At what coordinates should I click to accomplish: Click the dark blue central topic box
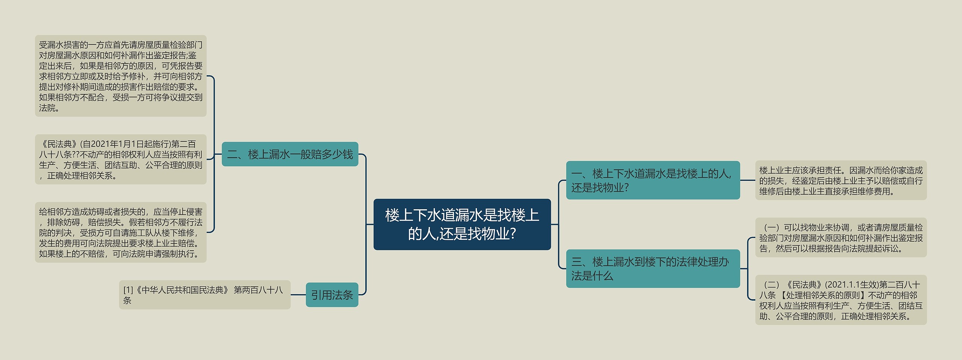(462, 224)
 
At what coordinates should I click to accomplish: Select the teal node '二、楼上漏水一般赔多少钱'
(290, 154)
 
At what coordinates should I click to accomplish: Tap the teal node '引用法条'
(332, 295)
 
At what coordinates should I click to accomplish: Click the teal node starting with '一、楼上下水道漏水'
(653, 180)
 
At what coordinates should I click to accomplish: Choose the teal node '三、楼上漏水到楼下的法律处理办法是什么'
(653, 269)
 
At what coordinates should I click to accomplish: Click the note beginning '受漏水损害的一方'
(121, 76)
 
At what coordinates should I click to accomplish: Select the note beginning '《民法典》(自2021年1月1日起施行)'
(121, 159)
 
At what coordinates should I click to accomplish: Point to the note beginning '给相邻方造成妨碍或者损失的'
(121, 232)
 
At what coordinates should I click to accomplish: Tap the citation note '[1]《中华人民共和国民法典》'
(204, 295)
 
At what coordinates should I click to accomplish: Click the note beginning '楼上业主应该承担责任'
(841, 180)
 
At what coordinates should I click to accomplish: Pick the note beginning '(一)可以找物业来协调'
(841, 237)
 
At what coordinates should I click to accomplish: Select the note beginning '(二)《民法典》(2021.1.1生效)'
(841, 300)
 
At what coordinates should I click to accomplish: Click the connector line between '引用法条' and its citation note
(298, 295)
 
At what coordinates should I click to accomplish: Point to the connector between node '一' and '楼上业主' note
(747, 180)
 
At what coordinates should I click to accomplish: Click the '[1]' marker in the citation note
(128, 290)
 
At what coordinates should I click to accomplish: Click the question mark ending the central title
(513, 234)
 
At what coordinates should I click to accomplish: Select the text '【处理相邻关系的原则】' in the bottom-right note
(820, 295)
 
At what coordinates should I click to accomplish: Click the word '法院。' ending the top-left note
(49, 108)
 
